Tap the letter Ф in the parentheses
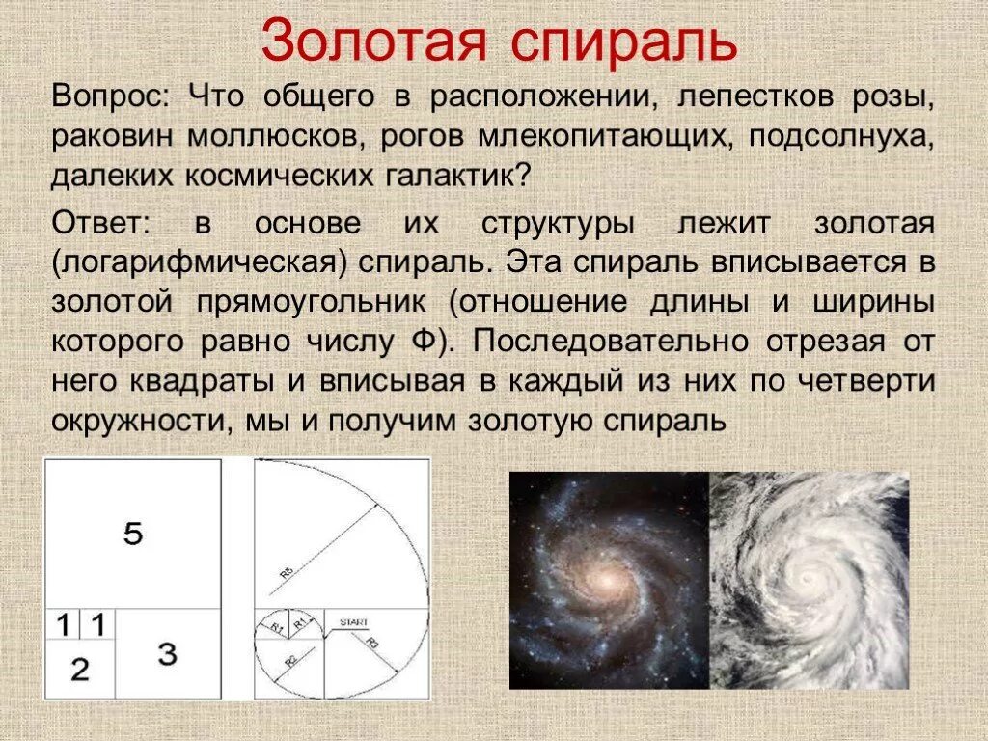[x=409, y=342]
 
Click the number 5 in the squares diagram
[x=133, y=533]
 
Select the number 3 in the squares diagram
[x=168, y=654]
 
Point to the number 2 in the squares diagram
[x=79, y=669]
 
